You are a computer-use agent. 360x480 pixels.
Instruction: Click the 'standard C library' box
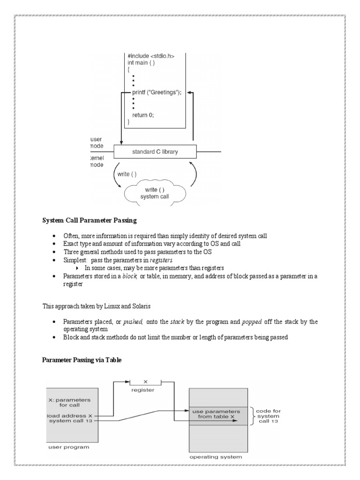[x=155, y=151]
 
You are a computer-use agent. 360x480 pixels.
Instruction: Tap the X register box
[x=145, y=382]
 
